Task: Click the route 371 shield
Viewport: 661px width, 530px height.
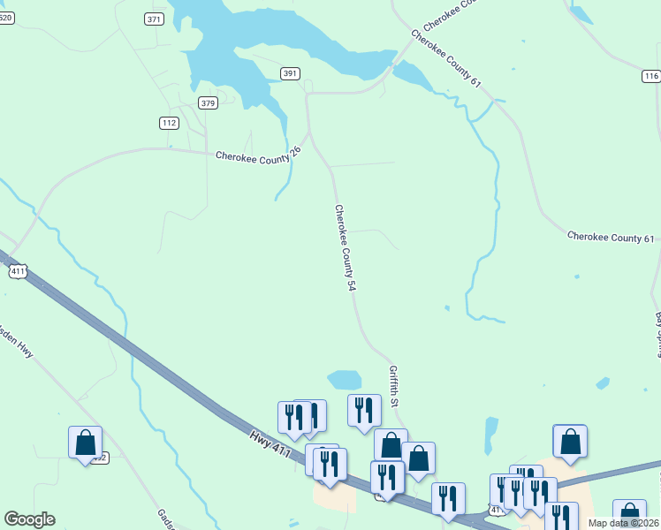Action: (x=155, y=19)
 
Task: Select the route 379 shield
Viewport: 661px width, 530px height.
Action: (x=208, y=103)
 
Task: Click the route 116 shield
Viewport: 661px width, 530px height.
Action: (x=652, y=77)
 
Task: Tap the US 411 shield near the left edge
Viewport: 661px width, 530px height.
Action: (x=18, y=272)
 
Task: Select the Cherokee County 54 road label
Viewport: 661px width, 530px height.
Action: (x=346, y=248)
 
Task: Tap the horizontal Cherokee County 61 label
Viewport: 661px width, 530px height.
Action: (x=611, y=238)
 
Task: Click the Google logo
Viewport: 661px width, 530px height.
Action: (x=29, y=519)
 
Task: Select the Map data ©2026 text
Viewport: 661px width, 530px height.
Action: (x=623, y=523)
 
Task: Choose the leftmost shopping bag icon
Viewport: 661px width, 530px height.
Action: (x=86, y=442)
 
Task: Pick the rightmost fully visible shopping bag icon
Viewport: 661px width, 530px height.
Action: (x=570, y=441)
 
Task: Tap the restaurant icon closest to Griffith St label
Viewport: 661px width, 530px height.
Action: (x=364, y=410)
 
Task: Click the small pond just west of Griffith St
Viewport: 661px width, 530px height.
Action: (x=345, y=379)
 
